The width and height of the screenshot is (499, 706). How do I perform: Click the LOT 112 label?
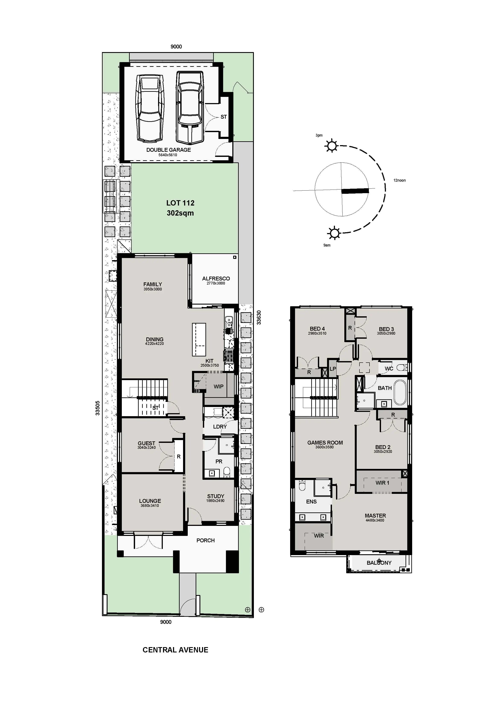tap(180, 203)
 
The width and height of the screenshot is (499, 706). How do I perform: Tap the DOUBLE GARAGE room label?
tap(169, 150)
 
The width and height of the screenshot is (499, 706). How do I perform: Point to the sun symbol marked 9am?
tap(334, 233)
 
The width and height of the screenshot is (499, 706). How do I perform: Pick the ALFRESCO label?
tap(216, 278)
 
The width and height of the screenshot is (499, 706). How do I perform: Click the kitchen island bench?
tap(199, 340)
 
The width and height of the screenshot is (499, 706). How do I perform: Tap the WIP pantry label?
tap(219, 387)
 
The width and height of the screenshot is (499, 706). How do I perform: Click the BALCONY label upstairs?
tap(379, 563)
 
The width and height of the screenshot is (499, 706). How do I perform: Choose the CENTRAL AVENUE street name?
tap(175, 650)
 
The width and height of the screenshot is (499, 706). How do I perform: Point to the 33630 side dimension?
tap(259, 318)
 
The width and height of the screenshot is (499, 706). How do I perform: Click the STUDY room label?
tap(215, 496)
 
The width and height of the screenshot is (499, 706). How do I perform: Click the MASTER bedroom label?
tap(375, 515)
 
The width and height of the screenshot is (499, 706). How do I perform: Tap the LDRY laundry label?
tap(220, 426)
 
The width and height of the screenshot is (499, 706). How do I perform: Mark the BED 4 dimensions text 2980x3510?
tap(317, 333)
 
